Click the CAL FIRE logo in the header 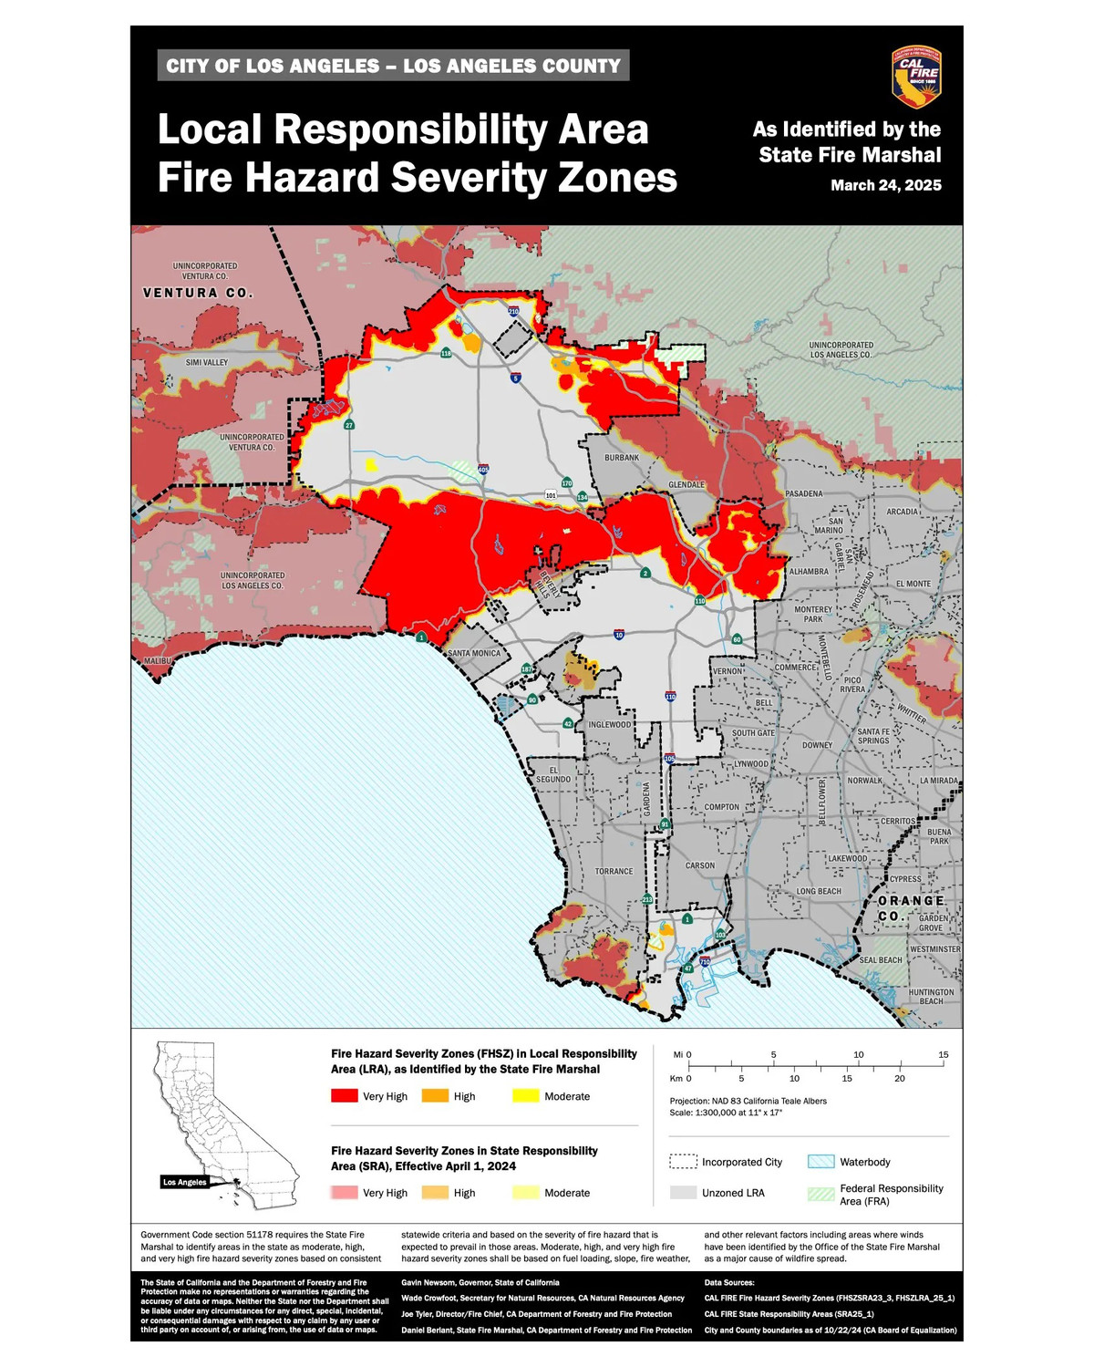pos(915,77)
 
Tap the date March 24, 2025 pos(885,185)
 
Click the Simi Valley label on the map pos(207,363)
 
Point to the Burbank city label pos(622,458)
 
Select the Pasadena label pos(803,493)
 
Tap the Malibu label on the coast pos(157,660)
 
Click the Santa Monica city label pos(474,653)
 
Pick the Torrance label pos(614,871)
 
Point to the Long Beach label pos(819,891)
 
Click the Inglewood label pos(609,725)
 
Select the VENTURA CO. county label pos(198,293)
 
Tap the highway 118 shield pos(446,353)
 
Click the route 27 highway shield pos(349,425)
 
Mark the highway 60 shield pos(737,639)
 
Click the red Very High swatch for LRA pos(344,1096)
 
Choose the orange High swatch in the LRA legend pos(435,1096)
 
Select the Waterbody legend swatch pos(820,1162)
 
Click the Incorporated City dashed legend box pos(683,1162)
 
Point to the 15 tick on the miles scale pos(944,1055)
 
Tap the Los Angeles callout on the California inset pos(185,1182)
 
